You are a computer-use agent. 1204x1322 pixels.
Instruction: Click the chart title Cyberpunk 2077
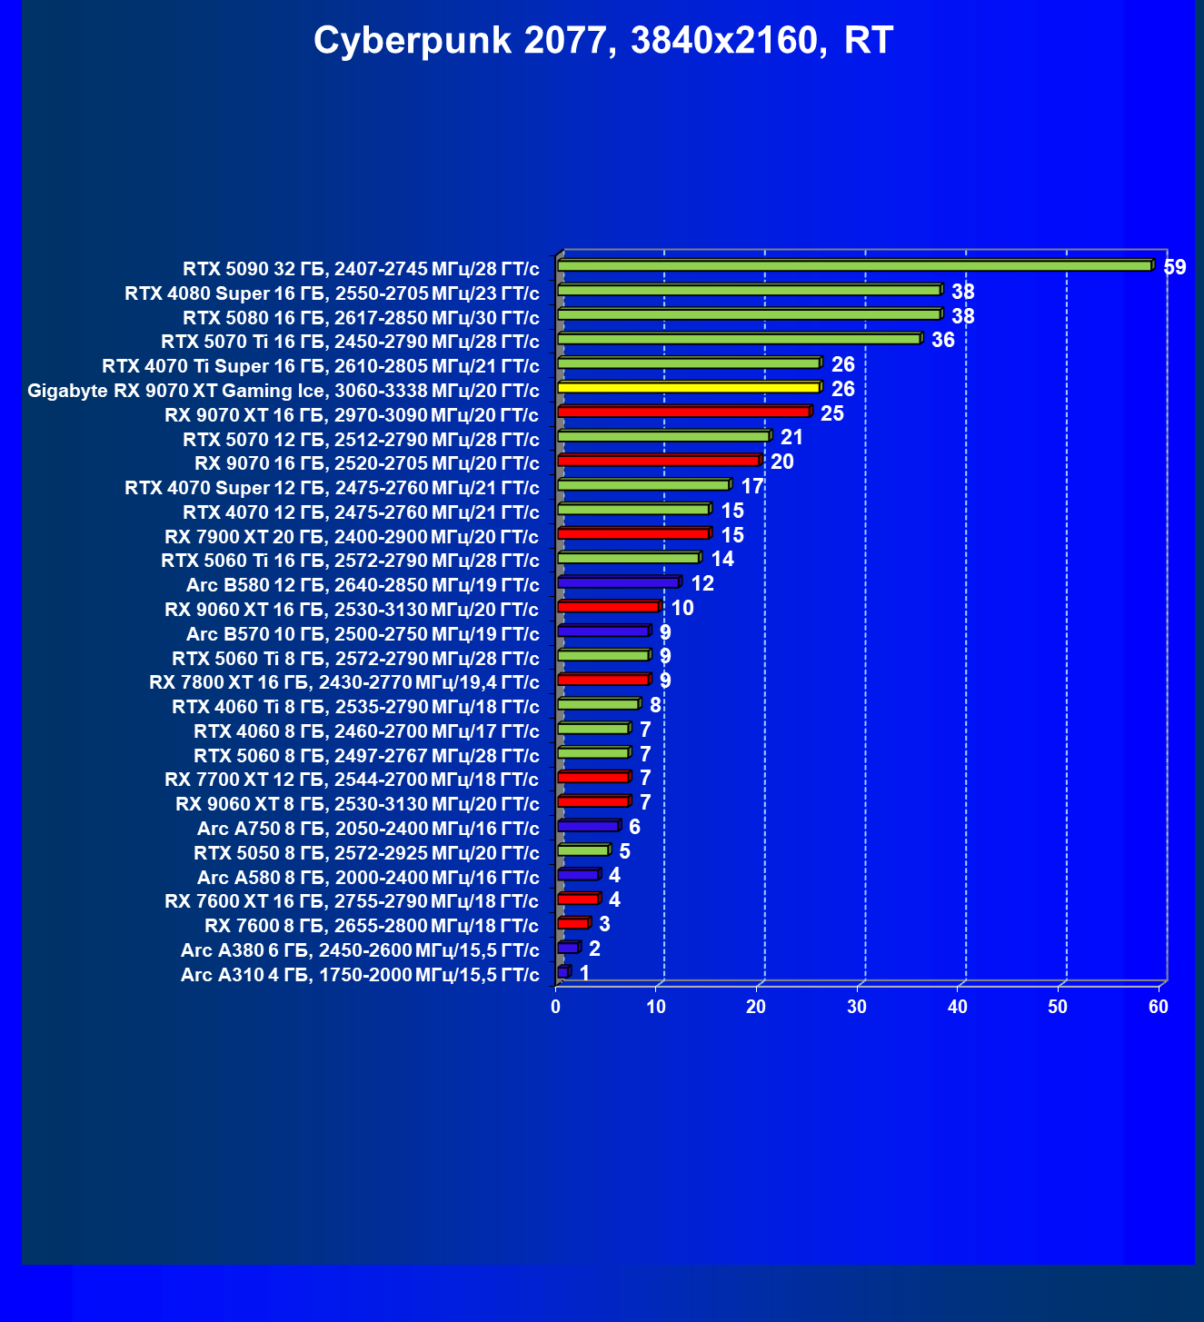click(603, 41)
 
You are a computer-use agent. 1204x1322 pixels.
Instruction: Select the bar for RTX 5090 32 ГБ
click(854, 265)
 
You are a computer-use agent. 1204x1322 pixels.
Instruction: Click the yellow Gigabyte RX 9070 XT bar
click(688, 387)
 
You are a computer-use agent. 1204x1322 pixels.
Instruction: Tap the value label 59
click(1175, 267)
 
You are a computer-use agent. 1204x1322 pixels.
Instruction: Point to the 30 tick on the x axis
click(857, 1007)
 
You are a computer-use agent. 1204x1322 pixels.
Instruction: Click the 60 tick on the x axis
click(1158, 1007)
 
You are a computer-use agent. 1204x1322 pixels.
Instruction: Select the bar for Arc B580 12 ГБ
click(618, 581)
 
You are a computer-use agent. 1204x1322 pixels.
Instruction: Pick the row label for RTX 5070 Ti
click(350, 342)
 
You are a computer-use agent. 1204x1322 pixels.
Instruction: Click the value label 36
click(943, 341)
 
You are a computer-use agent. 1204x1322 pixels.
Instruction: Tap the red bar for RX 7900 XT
click(633, 533)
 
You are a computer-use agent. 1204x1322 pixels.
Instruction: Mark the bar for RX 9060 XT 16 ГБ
click(608, 606)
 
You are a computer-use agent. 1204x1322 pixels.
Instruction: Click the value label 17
click(752, 486)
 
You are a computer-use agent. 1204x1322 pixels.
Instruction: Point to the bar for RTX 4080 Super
click(749, 290)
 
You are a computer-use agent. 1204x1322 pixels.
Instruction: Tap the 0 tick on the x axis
click(556, 1007)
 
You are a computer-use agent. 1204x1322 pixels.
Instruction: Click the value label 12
click(702, 583)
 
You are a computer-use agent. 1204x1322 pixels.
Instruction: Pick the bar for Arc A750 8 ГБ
click(588, 826)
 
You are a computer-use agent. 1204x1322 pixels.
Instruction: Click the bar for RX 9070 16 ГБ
click(658, 461)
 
